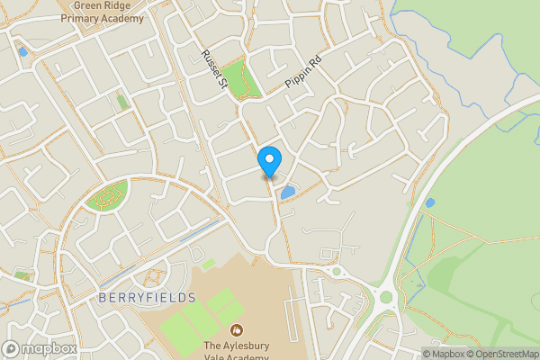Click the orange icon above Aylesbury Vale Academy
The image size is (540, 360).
(238, 330)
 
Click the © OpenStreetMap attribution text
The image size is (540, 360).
(500, 354)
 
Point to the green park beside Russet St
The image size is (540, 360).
(238, 79)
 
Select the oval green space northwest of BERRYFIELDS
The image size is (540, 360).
(107, 195)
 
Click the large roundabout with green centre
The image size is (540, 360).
(386, 296)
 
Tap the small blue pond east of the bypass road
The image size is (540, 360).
(429, 202)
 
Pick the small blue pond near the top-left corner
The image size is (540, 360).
(22, 51)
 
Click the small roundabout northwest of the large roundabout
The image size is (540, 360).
(337, 271)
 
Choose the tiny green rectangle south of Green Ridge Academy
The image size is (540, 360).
(121, 103)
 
